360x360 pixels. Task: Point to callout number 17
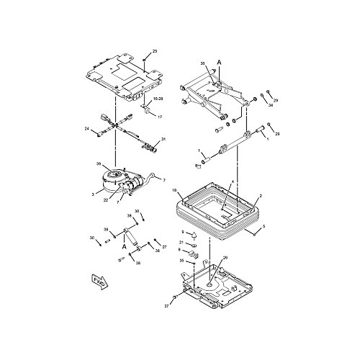pos(160,116)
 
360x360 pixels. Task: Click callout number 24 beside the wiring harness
pos(86,129)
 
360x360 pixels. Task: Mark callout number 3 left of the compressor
pos(92,194)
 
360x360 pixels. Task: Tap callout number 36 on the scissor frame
pos(204,65)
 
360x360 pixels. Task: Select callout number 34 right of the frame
pos(271,105)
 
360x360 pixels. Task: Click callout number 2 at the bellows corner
pos(260,196)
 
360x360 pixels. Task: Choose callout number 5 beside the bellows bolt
pos(264,227)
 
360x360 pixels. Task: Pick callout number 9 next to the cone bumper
pos(183,232)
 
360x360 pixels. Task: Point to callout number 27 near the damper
pos(164,247)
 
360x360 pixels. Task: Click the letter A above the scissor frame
pos(218,63)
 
